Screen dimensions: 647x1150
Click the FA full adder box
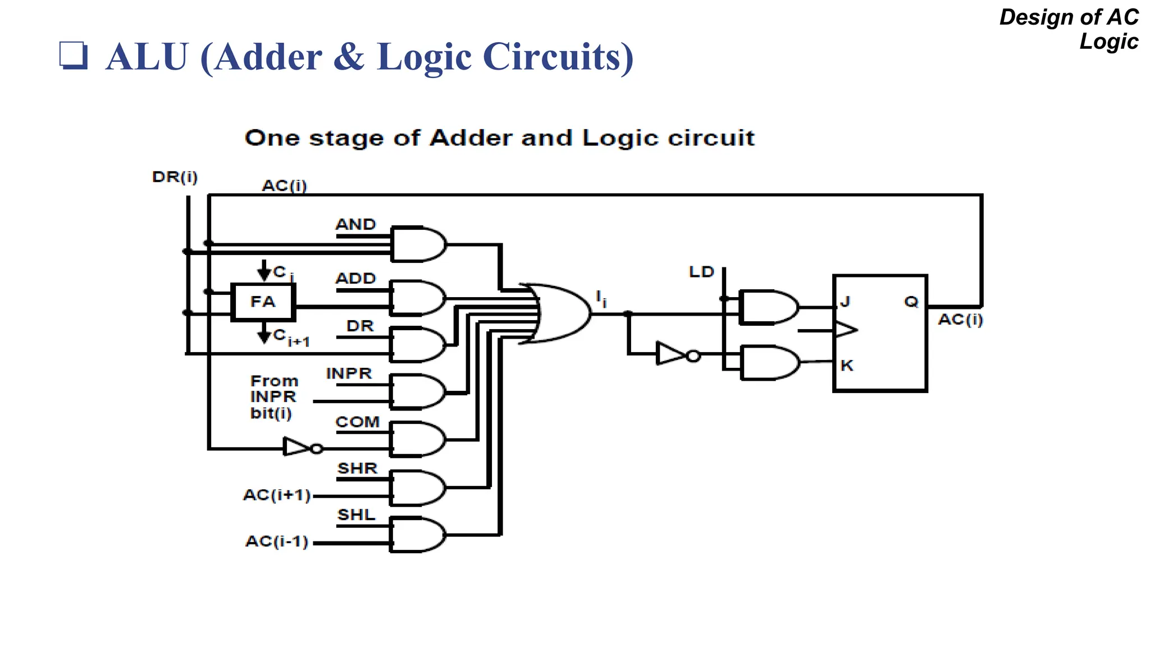263,302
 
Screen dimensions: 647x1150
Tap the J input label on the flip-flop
845,302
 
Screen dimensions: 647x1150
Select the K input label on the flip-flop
847,366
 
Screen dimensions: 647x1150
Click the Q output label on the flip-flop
911,302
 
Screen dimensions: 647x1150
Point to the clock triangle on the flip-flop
846,330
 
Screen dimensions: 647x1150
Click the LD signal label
701,272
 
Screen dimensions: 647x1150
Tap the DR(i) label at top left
175,177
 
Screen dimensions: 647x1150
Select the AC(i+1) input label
277,495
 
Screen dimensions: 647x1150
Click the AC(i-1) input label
277,541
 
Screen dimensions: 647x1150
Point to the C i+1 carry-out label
291,338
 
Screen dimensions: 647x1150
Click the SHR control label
357,468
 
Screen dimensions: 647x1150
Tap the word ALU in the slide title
147,57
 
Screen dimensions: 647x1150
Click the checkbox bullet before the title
74,56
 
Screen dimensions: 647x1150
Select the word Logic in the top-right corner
1108,42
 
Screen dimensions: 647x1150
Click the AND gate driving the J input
768,307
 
